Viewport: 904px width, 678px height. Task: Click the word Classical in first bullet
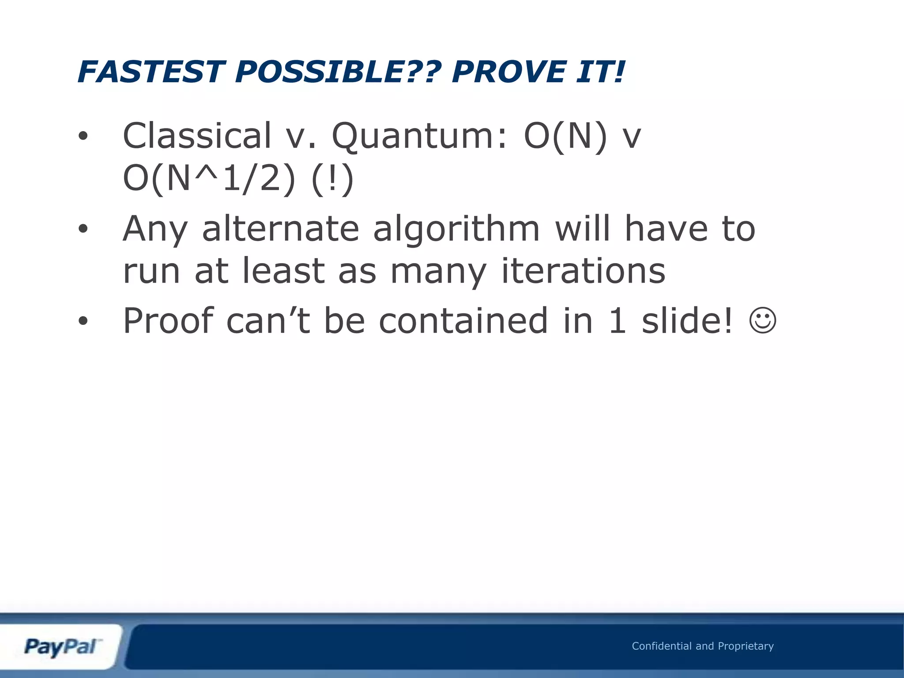pyautogui.click(x=197, y=136)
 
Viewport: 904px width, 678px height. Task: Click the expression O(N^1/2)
pyautogui.click(x=208, y=178)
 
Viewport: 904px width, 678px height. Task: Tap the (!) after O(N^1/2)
pyautogui.click(x=332, y=178)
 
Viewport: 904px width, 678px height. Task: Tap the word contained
pyautogui.click(x=463, y=320)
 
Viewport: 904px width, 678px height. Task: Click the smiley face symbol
pyautogui.click(x=763, y=321)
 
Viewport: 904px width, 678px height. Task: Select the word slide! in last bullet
pyautogui.click(x=687, y=320)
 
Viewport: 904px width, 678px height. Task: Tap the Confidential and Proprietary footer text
pyautogui.click(x=703, y=646)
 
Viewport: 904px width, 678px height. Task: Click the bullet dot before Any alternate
pyautogui.click(x=83, y=229)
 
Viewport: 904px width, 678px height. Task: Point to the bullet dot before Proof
pyautogui.click(x=83, y=322)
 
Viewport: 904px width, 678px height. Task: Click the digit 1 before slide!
pyautogui.click(x=617, y=320)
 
